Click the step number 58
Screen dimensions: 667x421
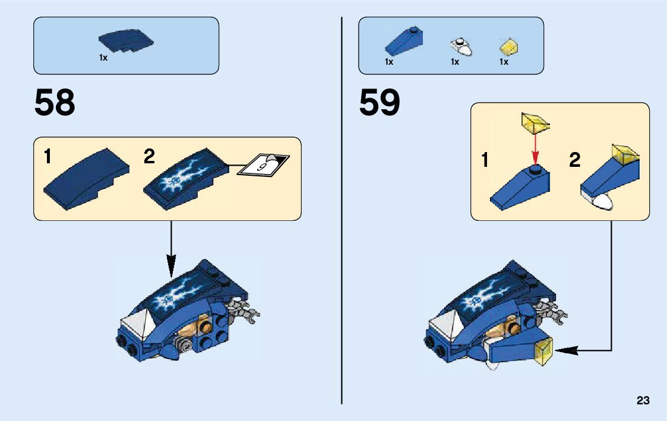(55, 103)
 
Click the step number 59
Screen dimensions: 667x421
(380, 103)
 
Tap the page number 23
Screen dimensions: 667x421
(643, 401)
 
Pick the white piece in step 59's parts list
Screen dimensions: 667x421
(461, 47)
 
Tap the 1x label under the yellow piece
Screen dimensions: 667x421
(504, 62)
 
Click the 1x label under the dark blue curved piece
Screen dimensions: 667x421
(103, 58)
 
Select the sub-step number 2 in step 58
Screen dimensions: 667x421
(149, 157)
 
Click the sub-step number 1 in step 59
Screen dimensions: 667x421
(485, 160)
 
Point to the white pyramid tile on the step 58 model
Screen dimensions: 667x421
(134, 324)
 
